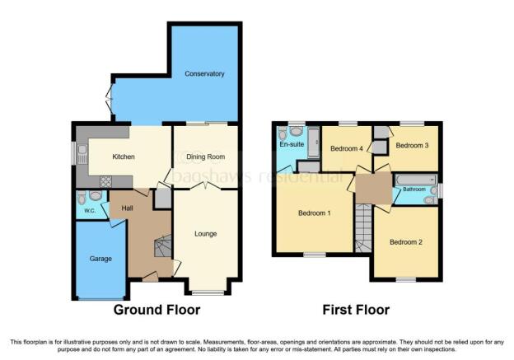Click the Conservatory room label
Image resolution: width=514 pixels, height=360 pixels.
204,74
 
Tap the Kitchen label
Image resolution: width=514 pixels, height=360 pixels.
124,157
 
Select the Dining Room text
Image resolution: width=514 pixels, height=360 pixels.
206,157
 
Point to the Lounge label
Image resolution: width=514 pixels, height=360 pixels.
206,234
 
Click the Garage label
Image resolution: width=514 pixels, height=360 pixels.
100,259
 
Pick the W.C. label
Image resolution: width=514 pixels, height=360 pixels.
90,211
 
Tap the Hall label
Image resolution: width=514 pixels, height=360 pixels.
127,208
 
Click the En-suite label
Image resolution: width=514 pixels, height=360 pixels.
292,144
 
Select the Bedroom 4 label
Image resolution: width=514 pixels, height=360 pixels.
347,148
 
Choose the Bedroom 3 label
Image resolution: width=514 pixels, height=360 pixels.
412,145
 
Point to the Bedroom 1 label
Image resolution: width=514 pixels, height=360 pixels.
315,213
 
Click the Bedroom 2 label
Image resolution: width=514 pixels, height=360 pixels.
406,242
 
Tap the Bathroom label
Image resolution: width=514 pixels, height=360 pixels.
414,189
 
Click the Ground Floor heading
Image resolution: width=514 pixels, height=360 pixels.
157,310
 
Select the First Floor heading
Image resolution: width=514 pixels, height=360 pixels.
356,310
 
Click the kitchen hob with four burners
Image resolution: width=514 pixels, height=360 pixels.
106,181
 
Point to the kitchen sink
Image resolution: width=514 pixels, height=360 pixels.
82,154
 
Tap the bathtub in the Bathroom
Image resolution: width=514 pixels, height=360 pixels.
416,180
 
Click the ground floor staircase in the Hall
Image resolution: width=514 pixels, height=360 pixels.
163,245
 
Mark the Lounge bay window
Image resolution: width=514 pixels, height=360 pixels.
208,293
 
